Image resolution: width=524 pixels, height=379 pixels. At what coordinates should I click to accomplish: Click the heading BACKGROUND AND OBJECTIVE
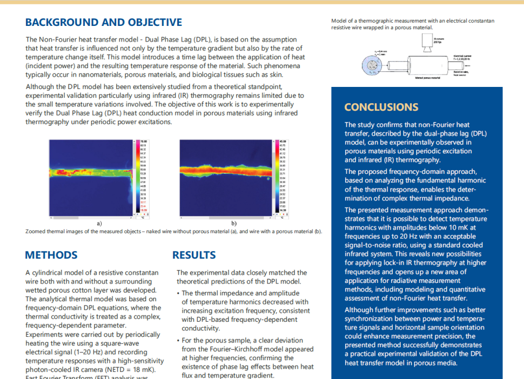click(104, 22)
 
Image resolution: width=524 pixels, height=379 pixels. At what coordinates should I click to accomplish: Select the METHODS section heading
click(51, 255)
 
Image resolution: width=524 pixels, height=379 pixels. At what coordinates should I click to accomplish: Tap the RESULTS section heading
click(194, 255)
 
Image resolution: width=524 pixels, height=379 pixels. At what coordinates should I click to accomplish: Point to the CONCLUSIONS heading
click(381, 107)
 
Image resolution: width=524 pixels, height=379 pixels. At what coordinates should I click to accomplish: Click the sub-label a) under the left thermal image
click(99, 223)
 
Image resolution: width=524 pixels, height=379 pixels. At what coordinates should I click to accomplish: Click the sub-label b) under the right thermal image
click(234, 223)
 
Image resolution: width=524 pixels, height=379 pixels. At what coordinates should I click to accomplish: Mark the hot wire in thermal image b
click(227, 170)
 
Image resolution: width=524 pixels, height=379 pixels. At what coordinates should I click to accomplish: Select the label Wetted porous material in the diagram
click(427, 78)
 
